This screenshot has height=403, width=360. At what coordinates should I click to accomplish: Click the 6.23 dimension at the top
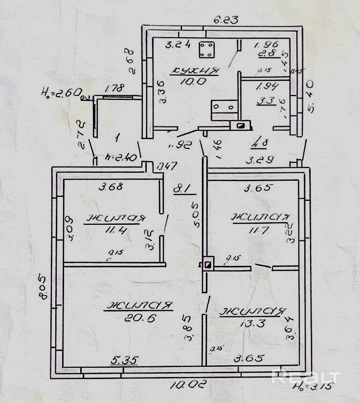pos(225,20)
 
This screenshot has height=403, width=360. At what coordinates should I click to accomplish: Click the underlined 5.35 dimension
pos(124,360)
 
